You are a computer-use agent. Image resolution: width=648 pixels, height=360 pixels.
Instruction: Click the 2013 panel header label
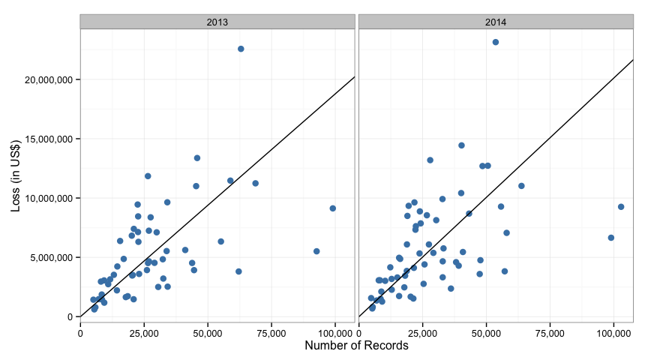217,22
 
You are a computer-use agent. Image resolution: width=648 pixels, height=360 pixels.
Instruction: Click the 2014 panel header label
496,22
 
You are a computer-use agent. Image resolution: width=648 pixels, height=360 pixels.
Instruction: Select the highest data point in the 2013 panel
241,49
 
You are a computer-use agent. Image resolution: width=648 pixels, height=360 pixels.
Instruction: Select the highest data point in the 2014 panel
496,42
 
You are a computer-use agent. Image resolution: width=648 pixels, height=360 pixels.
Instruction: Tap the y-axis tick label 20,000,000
49,79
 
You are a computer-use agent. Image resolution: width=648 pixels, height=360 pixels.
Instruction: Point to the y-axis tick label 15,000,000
49,139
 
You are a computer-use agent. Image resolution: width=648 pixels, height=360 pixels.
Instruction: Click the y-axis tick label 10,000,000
49,199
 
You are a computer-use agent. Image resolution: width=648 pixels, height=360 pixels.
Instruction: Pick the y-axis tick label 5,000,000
51,257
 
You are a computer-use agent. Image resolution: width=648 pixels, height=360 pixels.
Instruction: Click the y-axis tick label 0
70,317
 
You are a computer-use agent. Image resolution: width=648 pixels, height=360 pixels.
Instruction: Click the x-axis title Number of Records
356,346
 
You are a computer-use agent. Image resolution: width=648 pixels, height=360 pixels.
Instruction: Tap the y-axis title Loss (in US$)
16,176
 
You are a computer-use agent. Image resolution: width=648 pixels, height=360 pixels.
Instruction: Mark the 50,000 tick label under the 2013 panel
208,333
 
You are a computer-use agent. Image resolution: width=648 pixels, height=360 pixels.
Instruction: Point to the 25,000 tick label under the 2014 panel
423,333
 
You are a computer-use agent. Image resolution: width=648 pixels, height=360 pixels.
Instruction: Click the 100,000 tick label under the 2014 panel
613,333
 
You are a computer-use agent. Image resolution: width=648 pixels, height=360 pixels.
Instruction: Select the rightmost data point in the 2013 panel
333,208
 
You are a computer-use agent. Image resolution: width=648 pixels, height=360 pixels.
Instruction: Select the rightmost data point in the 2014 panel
621,207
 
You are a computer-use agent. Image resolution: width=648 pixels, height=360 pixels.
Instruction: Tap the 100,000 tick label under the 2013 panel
335,333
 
